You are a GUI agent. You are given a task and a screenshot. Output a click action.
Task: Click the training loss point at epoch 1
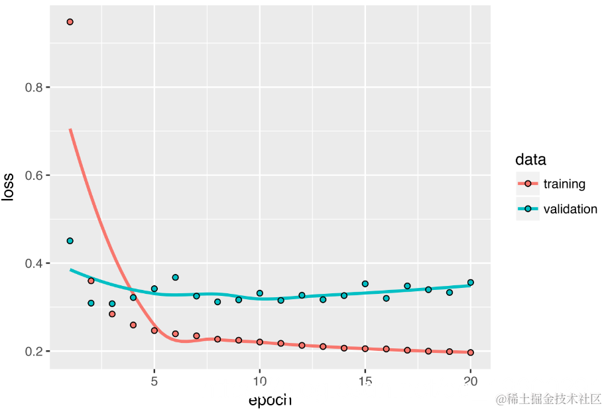click(70, 22)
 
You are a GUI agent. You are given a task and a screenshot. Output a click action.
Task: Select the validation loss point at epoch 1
click(70, 241)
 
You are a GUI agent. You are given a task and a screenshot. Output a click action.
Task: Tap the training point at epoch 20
click(471, 353)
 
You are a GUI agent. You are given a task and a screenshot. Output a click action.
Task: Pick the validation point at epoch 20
click(471, 283)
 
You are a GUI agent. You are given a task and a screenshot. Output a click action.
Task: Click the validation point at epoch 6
click(175, 277)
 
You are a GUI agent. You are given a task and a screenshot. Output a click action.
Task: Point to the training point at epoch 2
click(91, 281)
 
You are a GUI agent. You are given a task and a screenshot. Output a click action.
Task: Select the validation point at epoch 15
click(365, 284)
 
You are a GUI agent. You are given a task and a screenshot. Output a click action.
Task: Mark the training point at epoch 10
click(259, 342)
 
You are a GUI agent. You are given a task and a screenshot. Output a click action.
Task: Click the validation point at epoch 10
click(259, 293)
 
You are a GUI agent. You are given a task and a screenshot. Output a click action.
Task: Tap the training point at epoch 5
click(154, 330)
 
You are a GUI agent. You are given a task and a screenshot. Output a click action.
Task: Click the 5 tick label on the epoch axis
click(154, 382)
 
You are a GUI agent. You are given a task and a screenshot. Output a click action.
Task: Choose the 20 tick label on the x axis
click(471, 382)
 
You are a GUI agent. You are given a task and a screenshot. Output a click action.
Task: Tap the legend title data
click(530, 160)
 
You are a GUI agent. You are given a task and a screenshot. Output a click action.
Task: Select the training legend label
click(564, 184)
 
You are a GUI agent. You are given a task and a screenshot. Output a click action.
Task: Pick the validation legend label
click(570, 209)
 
